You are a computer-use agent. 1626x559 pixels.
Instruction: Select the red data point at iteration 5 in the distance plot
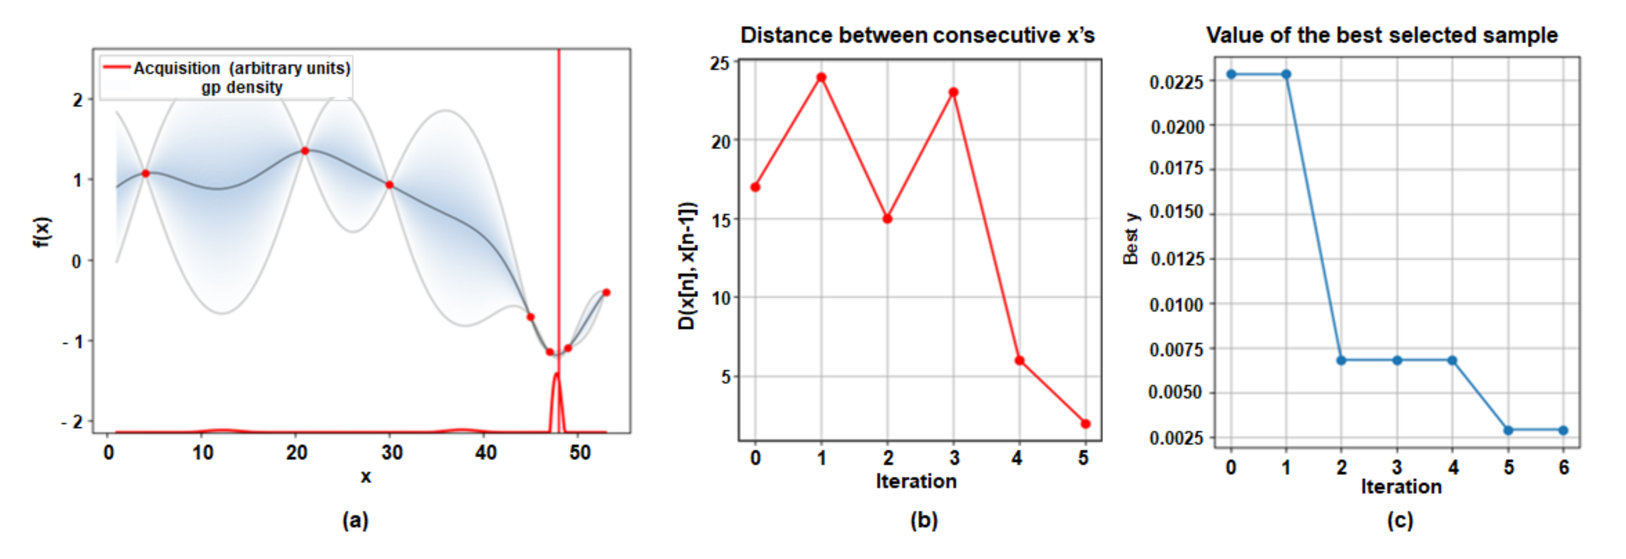(1085, 424)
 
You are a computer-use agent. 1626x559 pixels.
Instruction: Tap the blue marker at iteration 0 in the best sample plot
(1231, 75)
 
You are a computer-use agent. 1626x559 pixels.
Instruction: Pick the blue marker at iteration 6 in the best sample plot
(1563, 430)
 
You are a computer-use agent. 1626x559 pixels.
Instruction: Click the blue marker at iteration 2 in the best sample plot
(1341, 360)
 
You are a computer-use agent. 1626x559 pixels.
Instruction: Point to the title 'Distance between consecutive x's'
(917, 36)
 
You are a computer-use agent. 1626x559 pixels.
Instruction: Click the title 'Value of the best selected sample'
(1382, 36)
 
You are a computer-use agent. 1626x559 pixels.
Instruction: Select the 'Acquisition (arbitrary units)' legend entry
(241, 68)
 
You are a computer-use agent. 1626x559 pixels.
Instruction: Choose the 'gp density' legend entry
(242, 87)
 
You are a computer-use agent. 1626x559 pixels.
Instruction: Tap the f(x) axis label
(42, 232)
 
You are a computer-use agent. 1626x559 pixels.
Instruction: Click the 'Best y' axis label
(1130, 239)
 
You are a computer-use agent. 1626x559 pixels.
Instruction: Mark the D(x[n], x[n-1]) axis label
(687, 265)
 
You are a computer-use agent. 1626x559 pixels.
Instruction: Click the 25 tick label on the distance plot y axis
(720, 63)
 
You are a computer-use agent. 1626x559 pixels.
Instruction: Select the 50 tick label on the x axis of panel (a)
(579, 452)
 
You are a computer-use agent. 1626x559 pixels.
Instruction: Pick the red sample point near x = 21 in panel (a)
(305, 151)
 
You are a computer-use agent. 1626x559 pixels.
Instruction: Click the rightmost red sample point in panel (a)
(606, 293)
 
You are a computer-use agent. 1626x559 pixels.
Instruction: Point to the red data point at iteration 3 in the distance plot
(953, 92)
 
